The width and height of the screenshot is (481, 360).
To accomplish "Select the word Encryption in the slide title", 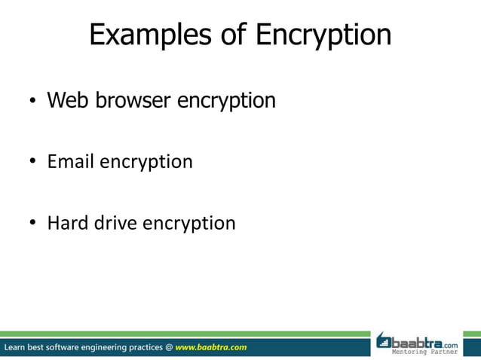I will click(x=323, y=36).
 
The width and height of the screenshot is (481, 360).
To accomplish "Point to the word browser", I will click(x=129, y=99).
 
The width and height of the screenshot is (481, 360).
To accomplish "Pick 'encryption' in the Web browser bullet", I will click(x=226, y=101).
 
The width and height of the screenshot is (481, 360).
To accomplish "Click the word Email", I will click(x=71, y=161).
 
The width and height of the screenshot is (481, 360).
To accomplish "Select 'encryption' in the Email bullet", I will click(x=146, y=163).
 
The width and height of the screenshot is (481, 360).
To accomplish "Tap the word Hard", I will click(x=68, y=223).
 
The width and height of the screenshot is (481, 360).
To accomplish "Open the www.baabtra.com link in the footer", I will click(x=211, y=348).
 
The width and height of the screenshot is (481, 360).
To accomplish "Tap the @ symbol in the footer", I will click(x=169, y=348).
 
